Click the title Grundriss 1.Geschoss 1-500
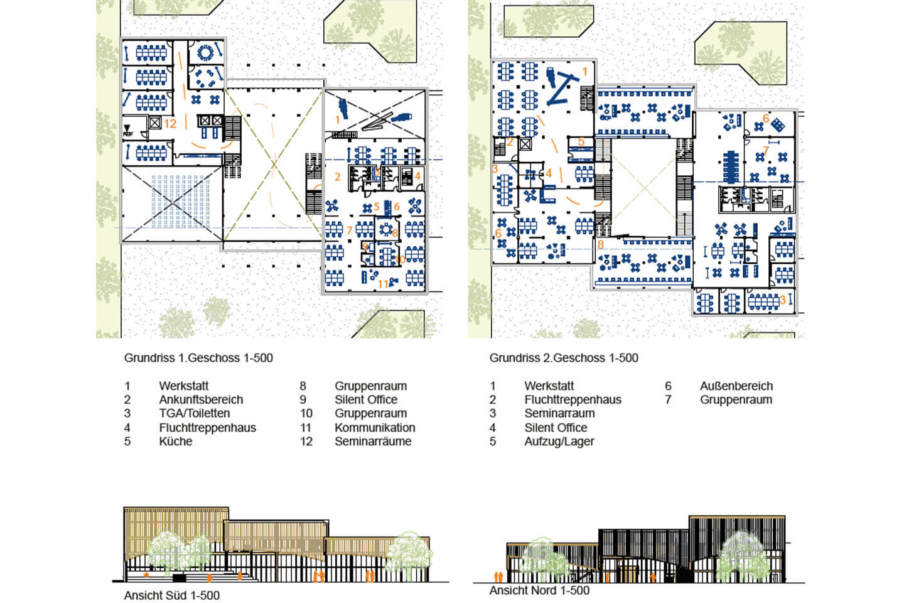pyautogui.click(x=198, y=358)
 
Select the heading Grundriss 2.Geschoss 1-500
pyautogui.click(x=564, y=358)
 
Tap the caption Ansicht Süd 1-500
pyautogui.click(x=172, y=595)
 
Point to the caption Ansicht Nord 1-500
pyautogui.click(x=540, y=590)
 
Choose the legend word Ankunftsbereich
pyautogui.click(x=201, y=400)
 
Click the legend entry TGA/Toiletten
pyautogui.click(x=195, y=413)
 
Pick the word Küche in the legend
pyautogui.click(x=176, y=441)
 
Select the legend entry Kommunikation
pyautogui.click(x=375, y=427)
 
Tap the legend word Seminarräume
pyautogui.click(x=373, y=441)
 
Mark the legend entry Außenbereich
pyautogui.click(x=736, y=386)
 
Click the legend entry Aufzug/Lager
pyautogui.click(x=559, y=442)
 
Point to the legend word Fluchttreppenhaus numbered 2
pyautogui.click(x=573, y=400)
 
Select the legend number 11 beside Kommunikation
pyautogui.click(x=306, y=427)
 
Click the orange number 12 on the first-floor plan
pyautogui.click(x=170, y=124)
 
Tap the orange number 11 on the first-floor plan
pyautogui.click(x=383, y=284)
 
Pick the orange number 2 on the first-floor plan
pyautogui.click(x=338, y=177)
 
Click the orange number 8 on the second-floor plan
pyautogui.click(x=601, y=244)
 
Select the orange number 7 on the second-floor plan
pyautogui.click(x=766, y=150)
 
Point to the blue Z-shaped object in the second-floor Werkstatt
pyautogui.click(x=562, y=90)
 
